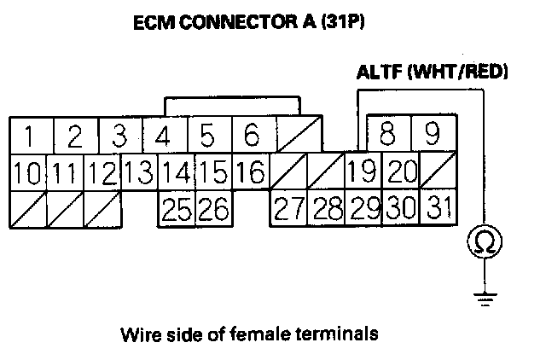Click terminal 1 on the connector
pos(30,136)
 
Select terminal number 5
pos(206,136)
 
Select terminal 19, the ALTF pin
pos(362,172)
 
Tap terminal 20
pos(399,172)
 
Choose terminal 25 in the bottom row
pos(176,208)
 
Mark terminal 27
pos(288,208)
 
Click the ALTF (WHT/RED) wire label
pos(432,73)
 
